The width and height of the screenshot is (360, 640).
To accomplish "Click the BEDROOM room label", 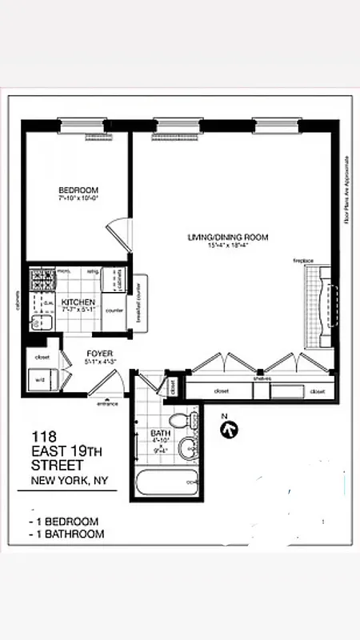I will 78,190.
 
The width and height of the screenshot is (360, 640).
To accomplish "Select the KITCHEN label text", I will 78,302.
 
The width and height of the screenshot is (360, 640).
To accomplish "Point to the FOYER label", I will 99,353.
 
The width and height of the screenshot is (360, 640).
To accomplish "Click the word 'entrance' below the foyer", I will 107,404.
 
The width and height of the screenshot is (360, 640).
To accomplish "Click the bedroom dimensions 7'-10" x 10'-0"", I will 78,199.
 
